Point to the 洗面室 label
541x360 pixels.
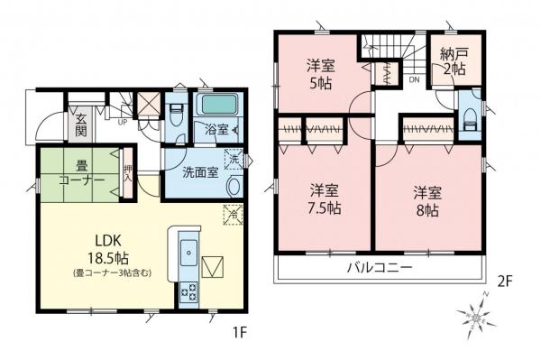pyautogui.click(x=199, y=172)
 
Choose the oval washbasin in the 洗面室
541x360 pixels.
pyautogui.click(x=234, y=187)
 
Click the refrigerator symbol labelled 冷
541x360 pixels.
pyautogui.click(x=232, y=215)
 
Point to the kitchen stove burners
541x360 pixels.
pyautogui.click(x=190, y=291)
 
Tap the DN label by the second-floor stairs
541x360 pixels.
pyautogui.click(x=413, y=80)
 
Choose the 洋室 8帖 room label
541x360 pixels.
pyautogui.click(x=427, y=199)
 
